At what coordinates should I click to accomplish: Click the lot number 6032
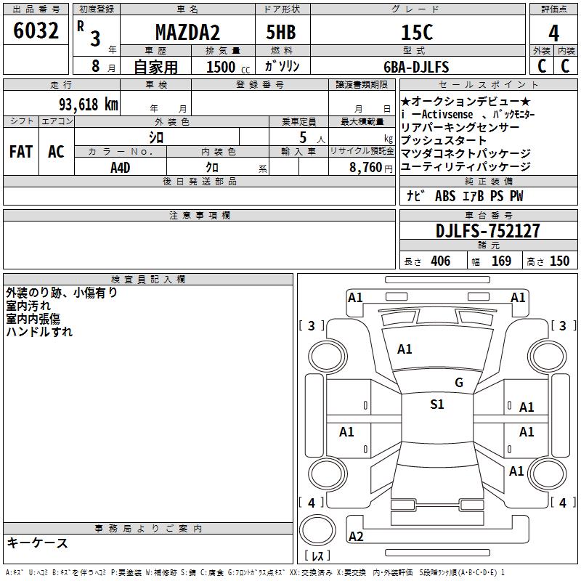click(36, 31)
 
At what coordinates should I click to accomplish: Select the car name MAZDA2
click(187, 32)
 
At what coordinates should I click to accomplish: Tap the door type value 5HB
click(281, 32)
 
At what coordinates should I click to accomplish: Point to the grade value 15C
click(417, 32)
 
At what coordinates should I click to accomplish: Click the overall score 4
click(553, 33)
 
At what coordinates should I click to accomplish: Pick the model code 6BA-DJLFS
click(416, 67)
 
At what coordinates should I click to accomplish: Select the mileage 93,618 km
click(88, 105)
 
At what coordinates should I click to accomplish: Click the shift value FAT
click(21, 152)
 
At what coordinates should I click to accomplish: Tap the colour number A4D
click(121, 168)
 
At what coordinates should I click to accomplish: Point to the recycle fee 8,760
click(366, 168)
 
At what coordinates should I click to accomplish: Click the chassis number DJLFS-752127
click(487, 231)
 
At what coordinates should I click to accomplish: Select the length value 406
click(441, 261)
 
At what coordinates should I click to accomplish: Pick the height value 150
click(559, 261)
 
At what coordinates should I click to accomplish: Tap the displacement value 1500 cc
click(228, 67)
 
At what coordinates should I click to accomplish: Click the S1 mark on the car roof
click(437, 405)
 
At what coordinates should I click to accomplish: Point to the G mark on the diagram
click(459, 383)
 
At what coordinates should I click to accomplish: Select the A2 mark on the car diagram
click(356, 537)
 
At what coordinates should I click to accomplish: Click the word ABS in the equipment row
click(445, 196)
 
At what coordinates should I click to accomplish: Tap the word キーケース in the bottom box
click(38, 543)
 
